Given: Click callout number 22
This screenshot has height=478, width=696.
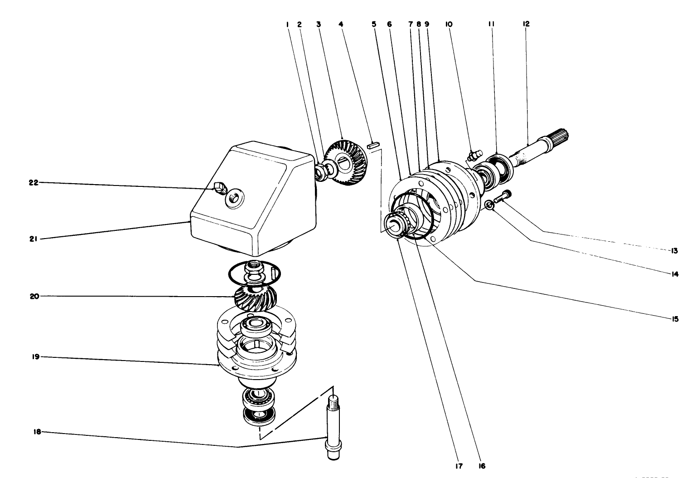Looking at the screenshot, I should click(x=34, y=183).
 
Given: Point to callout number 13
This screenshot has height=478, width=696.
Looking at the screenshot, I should click(x=674, y=250).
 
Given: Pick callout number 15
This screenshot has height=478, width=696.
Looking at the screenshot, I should click(x=675, y=319).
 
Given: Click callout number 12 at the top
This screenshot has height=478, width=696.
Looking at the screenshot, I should click(x=526, y=24).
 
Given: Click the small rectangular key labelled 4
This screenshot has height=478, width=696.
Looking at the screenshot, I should click(x=373, y=146).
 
